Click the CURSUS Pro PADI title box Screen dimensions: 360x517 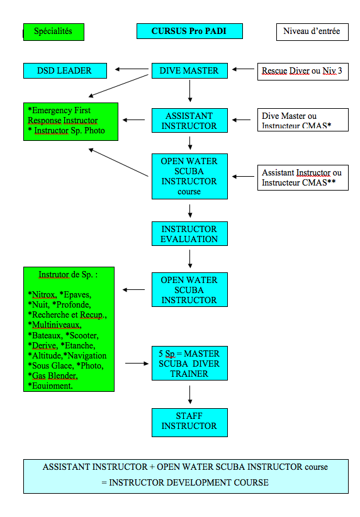[x=189, y=31]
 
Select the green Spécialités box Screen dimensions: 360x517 [x=53, y=32]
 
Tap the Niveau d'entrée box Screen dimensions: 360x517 [x=312, y=32]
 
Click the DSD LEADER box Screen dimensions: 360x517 [x=65, y=70]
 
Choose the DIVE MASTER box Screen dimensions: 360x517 [x=189, y=70]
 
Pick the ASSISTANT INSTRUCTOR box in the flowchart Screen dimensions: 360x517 [x=189, y=121]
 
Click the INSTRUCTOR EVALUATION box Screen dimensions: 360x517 [x=189, y=234]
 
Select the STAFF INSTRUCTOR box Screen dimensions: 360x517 [x=189, y=423]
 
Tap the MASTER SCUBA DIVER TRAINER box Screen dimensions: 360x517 [x=189, y=364]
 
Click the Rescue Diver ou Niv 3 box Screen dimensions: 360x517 [x=303, y=72]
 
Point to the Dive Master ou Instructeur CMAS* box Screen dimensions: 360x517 [x=303, y=120]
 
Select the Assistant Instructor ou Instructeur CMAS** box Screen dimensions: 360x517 [x=303, y=178]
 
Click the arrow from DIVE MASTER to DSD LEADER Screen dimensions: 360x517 [x=132, y=69]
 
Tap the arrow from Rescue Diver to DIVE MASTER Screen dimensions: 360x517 [x=243, y=69]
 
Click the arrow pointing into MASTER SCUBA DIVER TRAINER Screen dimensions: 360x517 [x=137, y=364]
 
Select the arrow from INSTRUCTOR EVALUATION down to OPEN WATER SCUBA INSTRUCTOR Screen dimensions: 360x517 [x=189, y=259]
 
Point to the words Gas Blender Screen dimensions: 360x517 [x=55, y=376]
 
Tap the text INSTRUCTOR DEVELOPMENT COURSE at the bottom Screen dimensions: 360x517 [x=189, y=482]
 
